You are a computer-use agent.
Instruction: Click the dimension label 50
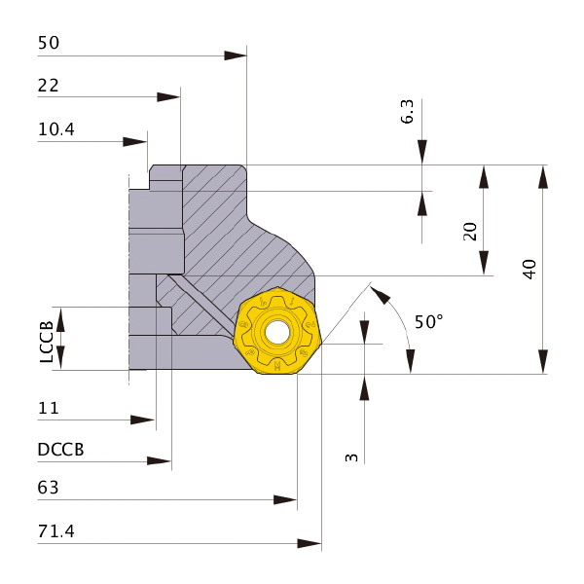pos(49,43)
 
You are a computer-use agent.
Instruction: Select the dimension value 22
pos(49,86)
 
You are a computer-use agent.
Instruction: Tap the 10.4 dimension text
pos(56,129)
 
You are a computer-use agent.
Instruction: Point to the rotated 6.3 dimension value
pos(407,111)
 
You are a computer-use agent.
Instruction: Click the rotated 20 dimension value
pos(470,232)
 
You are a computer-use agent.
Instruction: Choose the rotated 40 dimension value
pos(529,269)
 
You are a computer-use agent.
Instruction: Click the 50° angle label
pos(429,321)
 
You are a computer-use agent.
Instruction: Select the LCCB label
pos(47,342)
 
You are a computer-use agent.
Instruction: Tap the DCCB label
pos(60,450)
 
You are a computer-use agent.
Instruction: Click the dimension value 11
pos(49,408)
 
